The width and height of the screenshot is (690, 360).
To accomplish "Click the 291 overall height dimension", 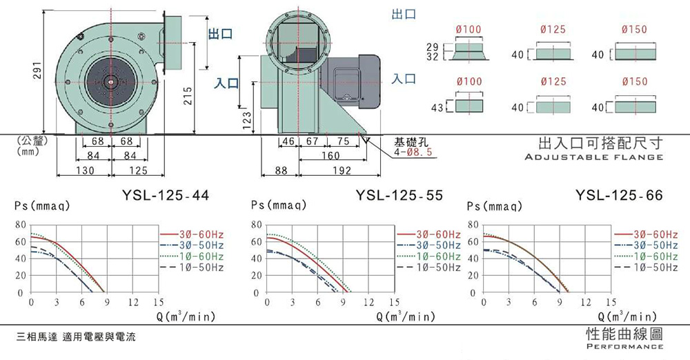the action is (x=38, y=70).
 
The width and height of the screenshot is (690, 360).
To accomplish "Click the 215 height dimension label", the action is (x=188, y=96).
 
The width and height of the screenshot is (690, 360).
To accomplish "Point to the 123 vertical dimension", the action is (x=247, y=121).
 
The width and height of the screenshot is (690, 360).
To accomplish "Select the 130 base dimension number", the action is (x=85, y=170).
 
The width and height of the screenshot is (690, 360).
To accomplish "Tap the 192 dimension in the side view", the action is (x=342, y=170).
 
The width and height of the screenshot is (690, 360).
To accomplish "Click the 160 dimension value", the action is (x=331, y=155).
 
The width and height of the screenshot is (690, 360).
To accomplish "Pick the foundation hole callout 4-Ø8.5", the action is (x=413, y=152).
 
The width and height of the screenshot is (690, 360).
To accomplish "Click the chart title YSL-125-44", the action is (x=166, y=195).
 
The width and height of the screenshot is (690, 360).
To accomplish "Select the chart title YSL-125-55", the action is (x=399, y=195).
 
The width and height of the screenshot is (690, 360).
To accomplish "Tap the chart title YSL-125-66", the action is (x=619, y=195).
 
